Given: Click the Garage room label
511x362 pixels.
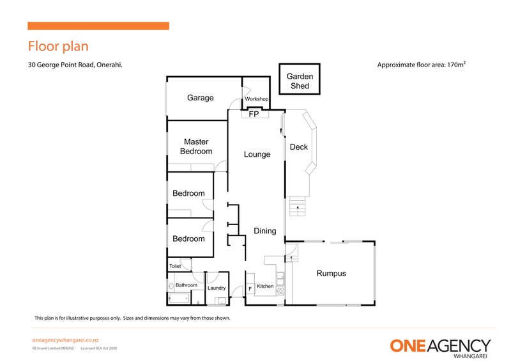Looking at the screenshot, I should pyautogui.click(x=200, y=98).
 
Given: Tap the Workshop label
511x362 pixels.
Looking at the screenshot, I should pyautogui.click(x=256, y=99).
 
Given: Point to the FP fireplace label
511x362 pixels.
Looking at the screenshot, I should pyautogui.click(x=254, y=114).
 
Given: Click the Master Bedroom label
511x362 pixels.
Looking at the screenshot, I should pyautogui.click(x=196, y=146).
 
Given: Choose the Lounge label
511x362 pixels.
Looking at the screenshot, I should pyautogui.click(x=257, y=154).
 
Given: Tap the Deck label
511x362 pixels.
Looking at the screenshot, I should pyautogui.click(x=299, y=147).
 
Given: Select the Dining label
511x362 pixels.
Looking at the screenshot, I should pyautogui.click(x=265, y=231).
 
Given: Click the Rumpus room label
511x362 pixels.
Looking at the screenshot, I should pyautogui.click(x=331, y=274).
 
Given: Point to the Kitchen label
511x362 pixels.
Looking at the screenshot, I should pyautogui.click(x=265, y=286).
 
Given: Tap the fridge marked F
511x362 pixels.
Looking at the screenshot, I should pyautogui.click(x=250, y=290).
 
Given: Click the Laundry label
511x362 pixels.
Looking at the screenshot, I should pyautogui.click(x=217, y=288).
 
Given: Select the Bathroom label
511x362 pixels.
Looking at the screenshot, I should pyautogui.click(x=187, y=285).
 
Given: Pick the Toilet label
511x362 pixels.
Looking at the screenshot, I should pyautogui.click(x=174, y=266).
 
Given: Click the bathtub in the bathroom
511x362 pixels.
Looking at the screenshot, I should pyautogui.click(x=178, y=298).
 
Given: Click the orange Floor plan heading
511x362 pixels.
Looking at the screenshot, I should pyautogui.click(x=57, y=47).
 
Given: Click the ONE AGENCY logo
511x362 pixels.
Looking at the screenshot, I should pyautogui.click(x=440, y=346).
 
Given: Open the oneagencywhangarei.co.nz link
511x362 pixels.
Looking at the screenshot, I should pyautogui.click(x=65, y=341).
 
